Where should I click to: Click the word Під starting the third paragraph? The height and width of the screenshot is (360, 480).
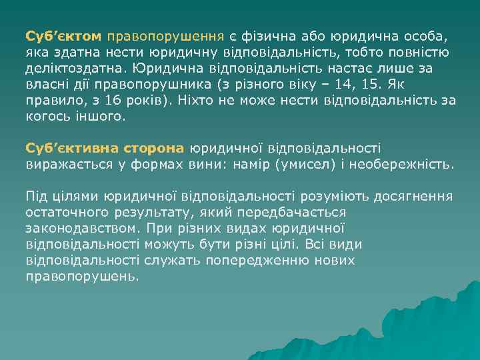click(x=37, y=196)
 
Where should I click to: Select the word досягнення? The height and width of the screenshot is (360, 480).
click(x=414, y=196)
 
